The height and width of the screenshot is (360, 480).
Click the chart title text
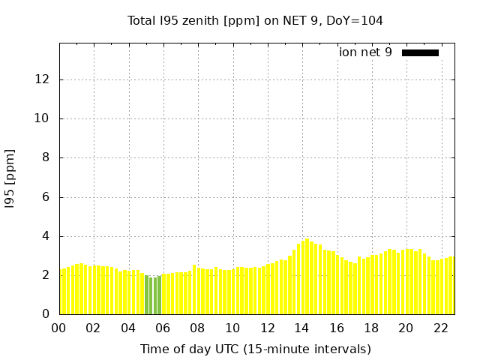pos(255,20)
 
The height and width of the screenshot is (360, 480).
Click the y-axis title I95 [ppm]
pos(10,178)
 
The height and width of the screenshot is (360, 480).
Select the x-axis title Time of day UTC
pos(255,349)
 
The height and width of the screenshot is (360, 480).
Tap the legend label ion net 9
pos(365,52)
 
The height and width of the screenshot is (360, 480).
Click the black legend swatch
pos(420,52)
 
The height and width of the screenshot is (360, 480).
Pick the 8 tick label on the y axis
pos(46,157)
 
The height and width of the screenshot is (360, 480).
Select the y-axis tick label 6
pos(46,197)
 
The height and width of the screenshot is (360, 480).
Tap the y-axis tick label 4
pos(46,236)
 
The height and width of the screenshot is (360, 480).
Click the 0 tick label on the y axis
pos(46,314)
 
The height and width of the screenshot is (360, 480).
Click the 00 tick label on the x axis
pos(59,328)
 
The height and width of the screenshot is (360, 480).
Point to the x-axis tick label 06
pos(163,328)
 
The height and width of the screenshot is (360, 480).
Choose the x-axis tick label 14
pos(302,328)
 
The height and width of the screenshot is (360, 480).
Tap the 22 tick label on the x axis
pos(441,328)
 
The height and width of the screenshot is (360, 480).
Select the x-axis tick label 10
pos(232,328)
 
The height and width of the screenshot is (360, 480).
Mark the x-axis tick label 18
pos(371,328)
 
